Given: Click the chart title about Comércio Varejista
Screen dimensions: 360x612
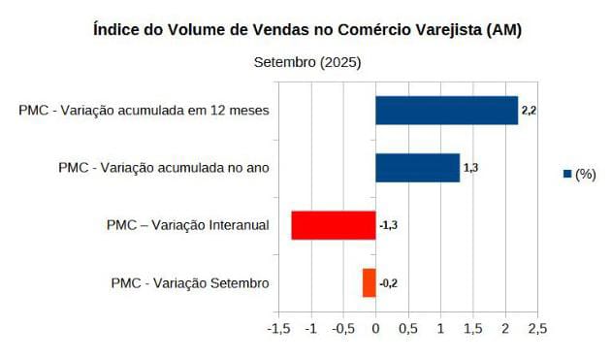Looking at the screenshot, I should pyautogui.click(x=306, y=30).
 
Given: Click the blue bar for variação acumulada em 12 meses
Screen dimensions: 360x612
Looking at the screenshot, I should pyautogui.click(x=446, y=110).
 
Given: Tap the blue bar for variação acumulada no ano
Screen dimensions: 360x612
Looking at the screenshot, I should pyautogui.click(x=417, y=168).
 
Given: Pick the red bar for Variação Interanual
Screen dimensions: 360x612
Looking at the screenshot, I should pyautogui.click(x=333, y=225).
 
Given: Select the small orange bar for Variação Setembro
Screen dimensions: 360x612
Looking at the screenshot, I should pyautogui.click(x=369, y=282).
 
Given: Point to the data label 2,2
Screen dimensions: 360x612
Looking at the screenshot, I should pyautogui.click(x=529, y=111).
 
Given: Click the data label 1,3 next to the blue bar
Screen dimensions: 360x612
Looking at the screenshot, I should pyautogui.click(x=470, y=168).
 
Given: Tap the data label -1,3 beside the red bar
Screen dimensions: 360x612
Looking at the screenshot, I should pyautogui.click(x=388, y=225).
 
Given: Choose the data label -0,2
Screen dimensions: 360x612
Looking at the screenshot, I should pyautogui.click(x=388, y=282).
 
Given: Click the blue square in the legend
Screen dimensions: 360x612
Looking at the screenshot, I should pyautogui.click(x=566, y=175).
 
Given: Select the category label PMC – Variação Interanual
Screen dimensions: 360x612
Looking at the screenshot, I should pyautogui.click(x=187, y=225).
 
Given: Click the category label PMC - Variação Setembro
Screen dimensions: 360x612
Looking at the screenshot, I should pyautogui.click(x=190, y=282).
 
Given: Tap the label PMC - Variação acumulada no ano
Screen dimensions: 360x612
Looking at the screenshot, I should pyautogui.click(x=163, y=168).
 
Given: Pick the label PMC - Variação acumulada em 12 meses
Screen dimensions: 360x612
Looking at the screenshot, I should pyautogui.click(x=144, y=111).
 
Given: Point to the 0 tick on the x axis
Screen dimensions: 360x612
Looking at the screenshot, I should pyautogui.click(x=375, y=329).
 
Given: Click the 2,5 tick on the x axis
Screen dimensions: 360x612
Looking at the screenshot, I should pyautogui.click(x=536, y=329).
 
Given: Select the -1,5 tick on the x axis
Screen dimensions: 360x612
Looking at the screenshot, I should pyautogui.click(x=278, y=329).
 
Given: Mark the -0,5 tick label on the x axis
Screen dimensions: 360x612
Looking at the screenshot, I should pyautogui.click(x=342, y=329).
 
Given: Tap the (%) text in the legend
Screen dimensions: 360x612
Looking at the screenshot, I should pyautogui.click(x=585, y=175).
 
